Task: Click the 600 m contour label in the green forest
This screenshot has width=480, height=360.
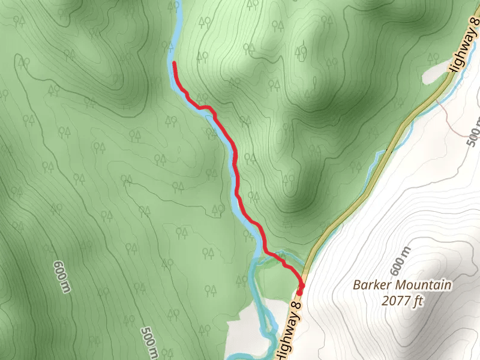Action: [60, 277]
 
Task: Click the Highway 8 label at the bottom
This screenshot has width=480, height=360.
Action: [286, 324]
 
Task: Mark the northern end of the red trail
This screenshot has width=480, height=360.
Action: [174, 62]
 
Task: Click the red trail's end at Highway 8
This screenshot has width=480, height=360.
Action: [300, 286]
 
